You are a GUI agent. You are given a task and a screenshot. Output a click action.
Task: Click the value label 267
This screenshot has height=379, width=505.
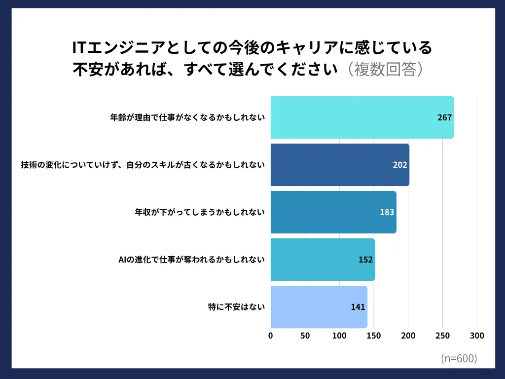click(x=444, y=117)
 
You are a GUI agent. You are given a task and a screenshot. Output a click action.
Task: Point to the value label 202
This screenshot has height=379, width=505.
click(x=400, y=165)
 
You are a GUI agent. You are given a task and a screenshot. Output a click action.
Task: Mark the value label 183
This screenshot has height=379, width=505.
click(x=387, y=212)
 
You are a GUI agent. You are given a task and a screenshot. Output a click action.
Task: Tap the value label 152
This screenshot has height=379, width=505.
click(x=365, y=260)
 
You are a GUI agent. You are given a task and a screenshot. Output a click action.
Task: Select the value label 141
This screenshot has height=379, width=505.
click(x=358, y=307)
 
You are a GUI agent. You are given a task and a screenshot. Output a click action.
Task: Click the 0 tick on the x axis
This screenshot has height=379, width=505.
click(x=271, y=336)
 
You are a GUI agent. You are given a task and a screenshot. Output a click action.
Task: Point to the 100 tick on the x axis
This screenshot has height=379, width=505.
click(x=339, y=336)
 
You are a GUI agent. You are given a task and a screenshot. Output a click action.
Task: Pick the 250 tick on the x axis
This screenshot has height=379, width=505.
click(x=442, y=336)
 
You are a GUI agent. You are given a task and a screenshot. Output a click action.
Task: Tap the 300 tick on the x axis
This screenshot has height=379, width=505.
click(x=477, y=336)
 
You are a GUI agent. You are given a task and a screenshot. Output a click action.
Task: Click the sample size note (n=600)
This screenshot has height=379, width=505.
click(x=459, y=359)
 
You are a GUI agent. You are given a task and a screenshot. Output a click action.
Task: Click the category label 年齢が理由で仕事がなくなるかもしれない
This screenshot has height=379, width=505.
click(x=187, y=117)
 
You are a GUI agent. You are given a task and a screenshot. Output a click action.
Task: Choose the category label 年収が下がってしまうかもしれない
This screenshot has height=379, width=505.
click(x=200, y=212)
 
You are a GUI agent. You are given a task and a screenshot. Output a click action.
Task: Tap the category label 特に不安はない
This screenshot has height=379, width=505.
click(x=236, y=307)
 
